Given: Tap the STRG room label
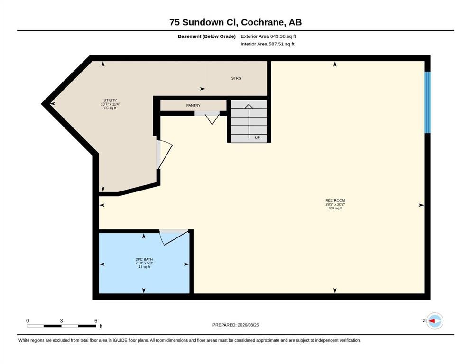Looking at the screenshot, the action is tap(236, 78).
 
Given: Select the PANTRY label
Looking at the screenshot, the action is tap(193, 106).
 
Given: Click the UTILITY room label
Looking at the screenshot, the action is tap(110, 100).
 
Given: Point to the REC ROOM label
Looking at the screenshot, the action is tap(335, 200).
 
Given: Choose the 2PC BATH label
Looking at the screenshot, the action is tap(144, 259).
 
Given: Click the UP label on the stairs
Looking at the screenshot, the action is tap(257, 137).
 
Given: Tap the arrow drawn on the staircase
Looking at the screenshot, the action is tap(249, 121).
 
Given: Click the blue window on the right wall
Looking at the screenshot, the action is tap(427, 102).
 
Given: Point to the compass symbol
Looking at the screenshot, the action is tap(434, 321).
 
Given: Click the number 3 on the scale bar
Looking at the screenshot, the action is tap(61, 320).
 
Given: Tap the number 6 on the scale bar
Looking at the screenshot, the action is tap(96, 320).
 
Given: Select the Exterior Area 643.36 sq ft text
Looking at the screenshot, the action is tap(268, 36).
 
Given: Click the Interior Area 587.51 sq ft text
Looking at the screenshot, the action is tap(268, 44).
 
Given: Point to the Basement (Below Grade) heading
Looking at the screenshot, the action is tap(207, 36).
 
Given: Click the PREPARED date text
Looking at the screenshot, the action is tap(235, 325).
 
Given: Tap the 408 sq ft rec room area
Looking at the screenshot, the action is tap(335, 208).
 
